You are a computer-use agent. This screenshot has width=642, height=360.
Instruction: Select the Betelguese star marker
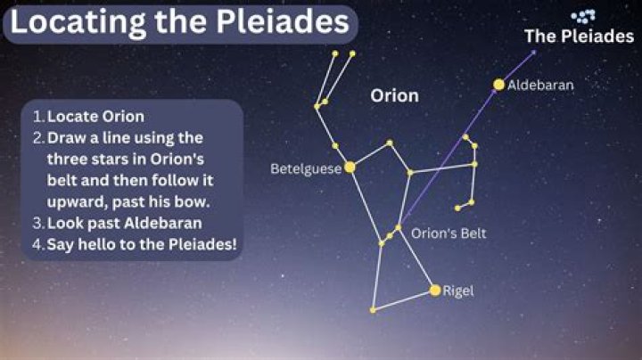click(350, 167)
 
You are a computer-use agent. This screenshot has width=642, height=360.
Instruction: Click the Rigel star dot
click(435, 290)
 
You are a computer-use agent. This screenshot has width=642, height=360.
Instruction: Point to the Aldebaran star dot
click(498, 86)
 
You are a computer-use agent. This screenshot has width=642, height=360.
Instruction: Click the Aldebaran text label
click(541, 86)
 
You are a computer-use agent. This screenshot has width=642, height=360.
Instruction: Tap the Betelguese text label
click(306, 168)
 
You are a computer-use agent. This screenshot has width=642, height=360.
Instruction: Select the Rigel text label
click(458, 290)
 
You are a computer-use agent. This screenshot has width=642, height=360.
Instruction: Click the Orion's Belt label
click(449, 233)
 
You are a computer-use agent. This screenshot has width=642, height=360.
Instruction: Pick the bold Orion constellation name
click(394, 95)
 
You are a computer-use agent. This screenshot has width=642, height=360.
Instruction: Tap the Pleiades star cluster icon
click(583, 16)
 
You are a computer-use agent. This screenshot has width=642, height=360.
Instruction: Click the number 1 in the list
click(37, 117)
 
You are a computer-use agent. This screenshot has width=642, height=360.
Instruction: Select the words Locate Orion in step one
click(95, 117)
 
